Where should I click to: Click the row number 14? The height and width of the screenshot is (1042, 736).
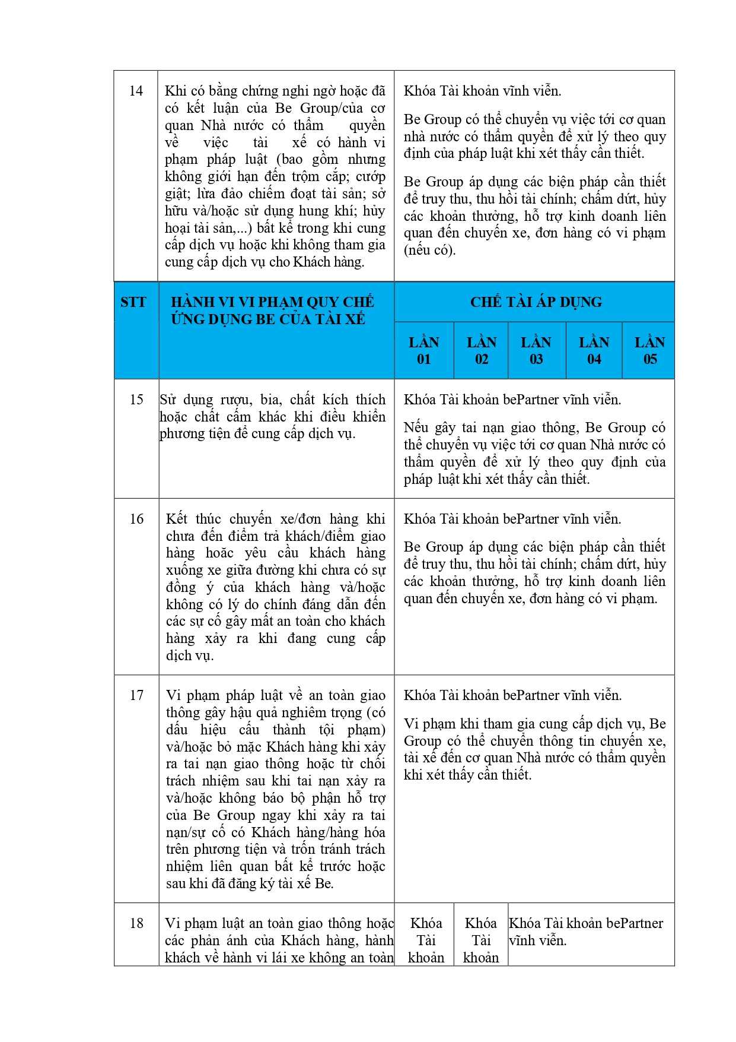136,91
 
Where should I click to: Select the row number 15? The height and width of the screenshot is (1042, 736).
136,400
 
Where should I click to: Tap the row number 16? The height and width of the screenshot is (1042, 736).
136,519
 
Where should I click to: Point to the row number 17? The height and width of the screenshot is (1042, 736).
136,695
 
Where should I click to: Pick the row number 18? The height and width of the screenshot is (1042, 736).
136,923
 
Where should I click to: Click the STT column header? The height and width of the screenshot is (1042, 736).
133,302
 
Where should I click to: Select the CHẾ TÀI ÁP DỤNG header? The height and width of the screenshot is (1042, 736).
536,302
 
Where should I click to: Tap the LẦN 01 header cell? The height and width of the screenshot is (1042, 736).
423,350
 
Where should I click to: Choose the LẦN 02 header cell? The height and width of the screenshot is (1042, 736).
481,350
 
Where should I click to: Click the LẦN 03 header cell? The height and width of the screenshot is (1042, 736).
536,350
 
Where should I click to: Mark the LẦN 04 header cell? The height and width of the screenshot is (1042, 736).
594,350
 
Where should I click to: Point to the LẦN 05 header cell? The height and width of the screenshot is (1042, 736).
649,350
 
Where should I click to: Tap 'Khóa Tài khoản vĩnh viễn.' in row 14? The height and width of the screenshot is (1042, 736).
482,91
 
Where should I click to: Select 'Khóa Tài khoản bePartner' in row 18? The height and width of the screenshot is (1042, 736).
586,923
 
